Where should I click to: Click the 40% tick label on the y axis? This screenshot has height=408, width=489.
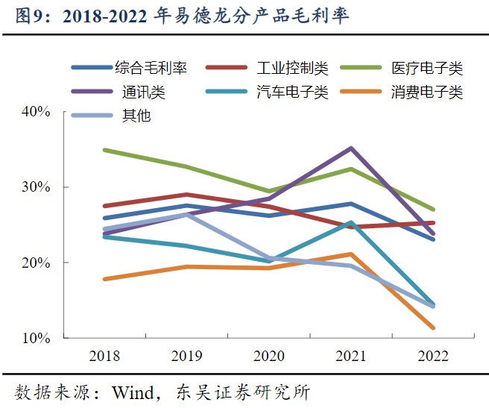(x=36, y=112)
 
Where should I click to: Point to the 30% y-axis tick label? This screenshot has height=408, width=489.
(x=36, y=187)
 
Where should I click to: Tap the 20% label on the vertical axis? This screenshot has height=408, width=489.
(x=36, y=263)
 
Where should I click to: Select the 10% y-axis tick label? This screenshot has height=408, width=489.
(x=36, y=338)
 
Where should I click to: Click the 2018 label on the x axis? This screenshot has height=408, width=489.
(x=104, y=356)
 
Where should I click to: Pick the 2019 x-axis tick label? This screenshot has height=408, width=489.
(x=186, y=356)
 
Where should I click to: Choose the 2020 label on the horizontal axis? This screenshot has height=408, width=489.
(x=268, y=356)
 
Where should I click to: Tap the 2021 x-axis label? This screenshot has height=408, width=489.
(x=350, y=356)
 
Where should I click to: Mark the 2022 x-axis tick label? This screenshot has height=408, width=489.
(x=432, y=356)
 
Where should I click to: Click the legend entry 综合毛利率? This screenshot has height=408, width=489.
(x=151, y=69)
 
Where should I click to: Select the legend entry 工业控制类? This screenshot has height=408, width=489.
(x=291, y=69)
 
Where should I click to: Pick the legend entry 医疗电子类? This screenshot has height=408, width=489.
(x=427, y=69)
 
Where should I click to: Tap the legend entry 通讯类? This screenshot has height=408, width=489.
(x=144, y=92)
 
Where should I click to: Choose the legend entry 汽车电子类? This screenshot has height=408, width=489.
(x=291, y=92)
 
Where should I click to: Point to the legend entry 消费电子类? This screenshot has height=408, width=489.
(x=427, y=92)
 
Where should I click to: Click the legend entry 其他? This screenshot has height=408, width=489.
(x=133, y=116)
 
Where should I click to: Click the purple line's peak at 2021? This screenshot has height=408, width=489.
(x=350, y=148)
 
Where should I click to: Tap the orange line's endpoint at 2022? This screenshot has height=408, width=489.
(x=432, y=327)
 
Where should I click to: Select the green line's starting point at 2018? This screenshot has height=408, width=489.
(x=104, y=150)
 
